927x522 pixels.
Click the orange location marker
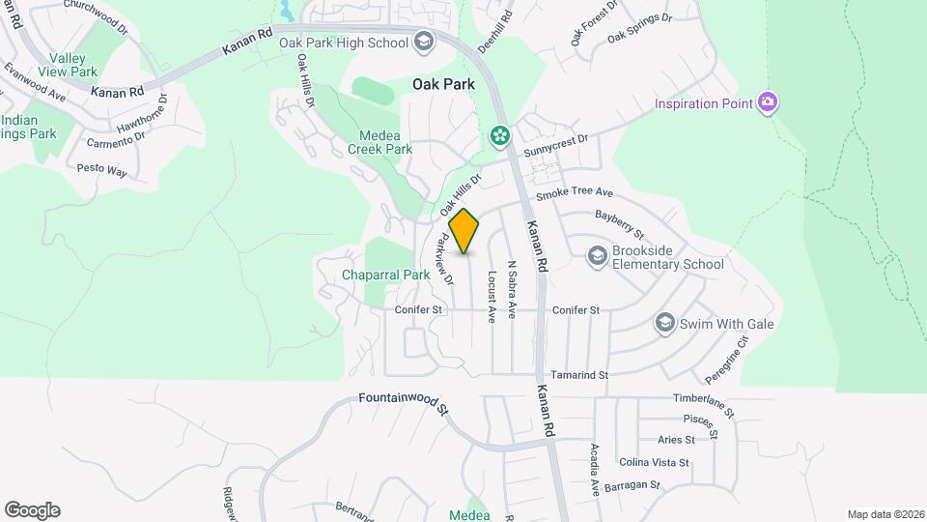tap(464, 231)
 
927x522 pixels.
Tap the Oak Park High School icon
tap(423, 42)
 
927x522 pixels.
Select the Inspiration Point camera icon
tap(768, 103)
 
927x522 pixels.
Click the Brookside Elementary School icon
tap(597, 254)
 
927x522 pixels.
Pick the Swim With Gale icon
tap(664, 323)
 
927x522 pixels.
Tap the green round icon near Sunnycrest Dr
tap(500, 135)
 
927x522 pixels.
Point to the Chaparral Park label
tap(385, 275)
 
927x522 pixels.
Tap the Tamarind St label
tap(578, 375)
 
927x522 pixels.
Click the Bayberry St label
tap(619, 224)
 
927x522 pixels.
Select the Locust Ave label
tap(492, 296)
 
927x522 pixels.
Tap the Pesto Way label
tap(102, 170)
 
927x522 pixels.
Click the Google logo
tap(32, 510)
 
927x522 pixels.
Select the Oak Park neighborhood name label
tap(443, 85)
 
